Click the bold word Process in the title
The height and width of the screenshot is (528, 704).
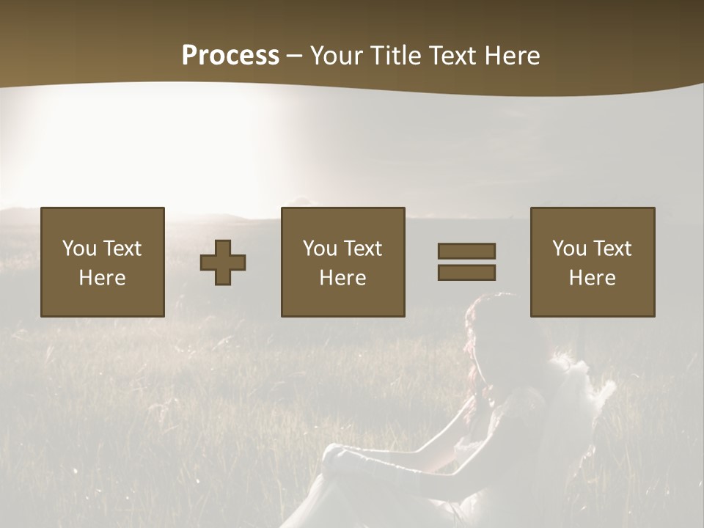click(230, 56)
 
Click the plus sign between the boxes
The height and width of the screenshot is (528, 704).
click(223, 263)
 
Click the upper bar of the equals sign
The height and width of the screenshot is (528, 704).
click(466, 251)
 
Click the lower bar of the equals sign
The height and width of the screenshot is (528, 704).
click(466, 273)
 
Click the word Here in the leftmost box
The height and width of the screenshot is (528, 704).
click(102, 278)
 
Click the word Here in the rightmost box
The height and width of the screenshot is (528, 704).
click(592, 278)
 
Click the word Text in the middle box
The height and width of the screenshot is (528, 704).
click(363, 249)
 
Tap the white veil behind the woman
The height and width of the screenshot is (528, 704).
click(579, 396)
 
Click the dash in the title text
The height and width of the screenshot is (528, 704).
click(295, 56)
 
